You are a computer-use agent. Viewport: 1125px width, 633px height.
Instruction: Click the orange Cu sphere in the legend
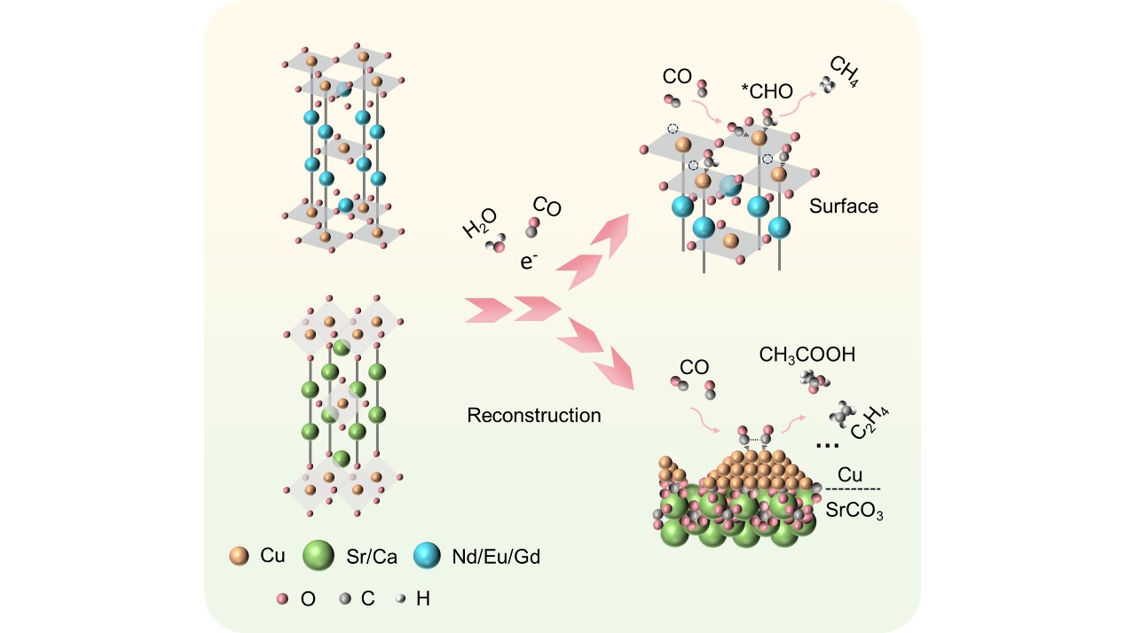239,556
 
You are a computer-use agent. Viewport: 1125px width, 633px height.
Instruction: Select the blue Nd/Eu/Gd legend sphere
428,557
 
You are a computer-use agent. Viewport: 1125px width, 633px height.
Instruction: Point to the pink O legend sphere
283,599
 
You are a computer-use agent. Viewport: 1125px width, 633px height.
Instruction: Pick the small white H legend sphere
402,599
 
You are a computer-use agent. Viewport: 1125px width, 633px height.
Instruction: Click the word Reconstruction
534,415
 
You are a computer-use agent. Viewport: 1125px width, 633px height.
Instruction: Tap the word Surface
843,207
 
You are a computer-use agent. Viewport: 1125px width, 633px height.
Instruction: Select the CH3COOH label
806,355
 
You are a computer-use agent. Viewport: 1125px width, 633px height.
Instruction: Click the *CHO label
767,90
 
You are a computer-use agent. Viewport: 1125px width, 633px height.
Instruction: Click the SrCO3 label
861,512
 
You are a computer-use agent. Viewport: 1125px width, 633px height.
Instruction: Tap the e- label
530,262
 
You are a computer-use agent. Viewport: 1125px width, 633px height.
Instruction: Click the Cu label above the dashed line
850,475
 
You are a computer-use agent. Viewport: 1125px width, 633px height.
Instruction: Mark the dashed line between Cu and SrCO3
854,489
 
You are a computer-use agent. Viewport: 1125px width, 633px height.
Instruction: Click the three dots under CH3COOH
827,445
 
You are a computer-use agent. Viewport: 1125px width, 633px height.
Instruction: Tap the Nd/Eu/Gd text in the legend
502,557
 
